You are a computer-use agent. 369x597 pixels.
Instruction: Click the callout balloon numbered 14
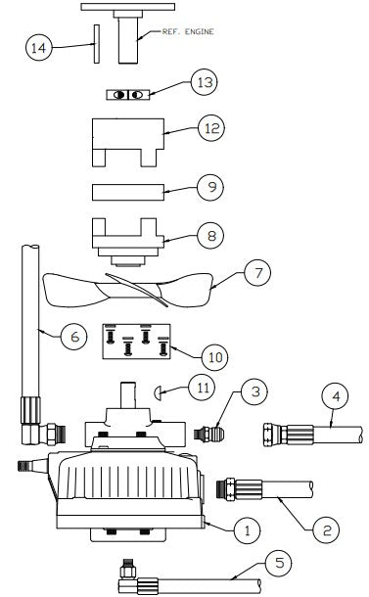(x=37, y=48)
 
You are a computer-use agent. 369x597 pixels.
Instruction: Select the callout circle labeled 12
(x=208, y=127)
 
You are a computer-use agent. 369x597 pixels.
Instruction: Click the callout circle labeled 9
(x=208, y=186)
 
